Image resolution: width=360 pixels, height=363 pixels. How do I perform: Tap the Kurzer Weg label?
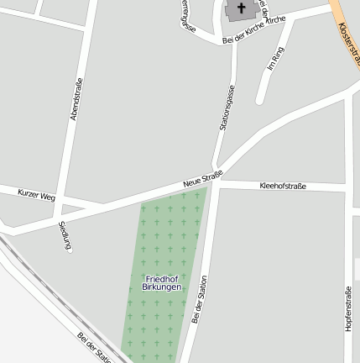pyautogui.click(x=36, y=194)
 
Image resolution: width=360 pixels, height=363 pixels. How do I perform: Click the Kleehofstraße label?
pyautogui.click(x=283, y=185)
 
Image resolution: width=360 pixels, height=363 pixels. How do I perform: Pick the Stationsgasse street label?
pyautogui.click(x=225, y=107)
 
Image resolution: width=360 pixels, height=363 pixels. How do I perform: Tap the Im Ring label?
pyautogui.click(x=275, y=58)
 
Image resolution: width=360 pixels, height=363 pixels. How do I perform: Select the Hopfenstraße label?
pyautogui.click(x=347, y=308)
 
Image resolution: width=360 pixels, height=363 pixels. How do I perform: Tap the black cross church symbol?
pyautogui.click(x=243, y=9)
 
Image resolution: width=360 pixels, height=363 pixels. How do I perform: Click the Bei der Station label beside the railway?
pyautogui.click(x=94, y=346)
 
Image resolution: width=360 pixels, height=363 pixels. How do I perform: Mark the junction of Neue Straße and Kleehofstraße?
pyautogui.click(x=216, y=182)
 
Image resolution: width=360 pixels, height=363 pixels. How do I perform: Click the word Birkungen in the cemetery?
pyautogui.click(x=161, y=287)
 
